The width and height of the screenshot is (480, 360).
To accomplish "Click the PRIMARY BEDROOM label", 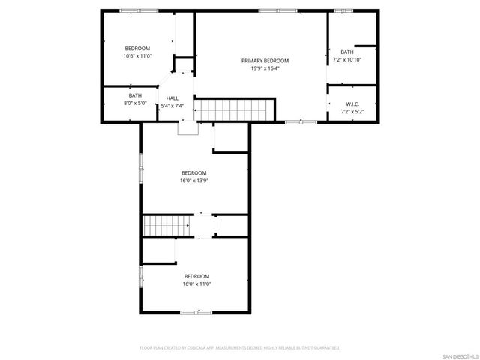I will coord(265,61).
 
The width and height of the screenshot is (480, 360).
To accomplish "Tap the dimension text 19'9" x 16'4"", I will coord(265,68).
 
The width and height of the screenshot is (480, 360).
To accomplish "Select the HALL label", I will coord(172,98).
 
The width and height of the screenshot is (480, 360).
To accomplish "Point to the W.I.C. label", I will coord(351,104).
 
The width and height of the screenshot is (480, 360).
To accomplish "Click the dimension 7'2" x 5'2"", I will coord(351,112).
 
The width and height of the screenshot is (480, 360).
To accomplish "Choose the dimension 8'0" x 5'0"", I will coord(135,103).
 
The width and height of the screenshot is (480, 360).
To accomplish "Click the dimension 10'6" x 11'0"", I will coord(137,55).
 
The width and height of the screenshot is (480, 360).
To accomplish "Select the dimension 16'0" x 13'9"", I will coord(193,180).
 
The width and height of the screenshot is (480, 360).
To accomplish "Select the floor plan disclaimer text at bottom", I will coord(240,348).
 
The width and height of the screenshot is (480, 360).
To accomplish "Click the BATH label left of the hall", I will coord(135,95).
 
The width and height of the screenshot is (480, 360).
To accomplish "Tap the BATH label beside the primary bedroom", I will coord(346,52).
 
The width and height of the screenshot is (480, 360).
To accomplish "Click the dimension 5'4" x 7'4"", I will coord(172,106).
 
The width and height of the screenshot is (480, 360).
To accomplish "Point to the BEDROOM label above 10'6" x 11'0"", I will coord(137,48).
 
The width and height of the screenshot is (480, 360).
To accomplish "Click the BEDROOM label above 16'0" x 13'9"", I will coord(193,172).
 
